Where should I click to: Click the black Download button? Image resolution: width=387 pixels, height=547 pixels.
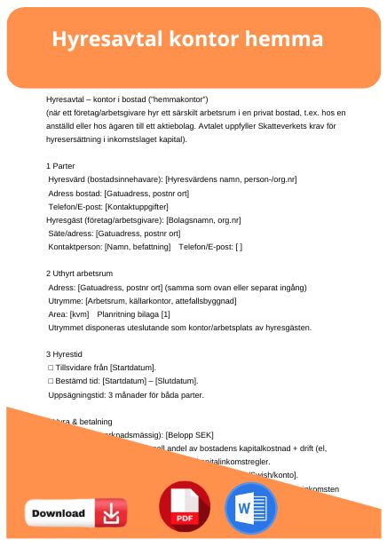[76, 512]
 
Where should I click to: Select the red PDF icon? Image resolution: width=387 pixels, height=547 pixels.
[185, 507]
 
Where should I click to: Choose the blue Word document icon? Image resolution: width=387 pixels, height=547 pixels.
[251, 509]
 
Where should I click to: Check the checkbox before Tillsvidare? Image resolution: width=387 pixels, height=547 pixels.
[50, 368]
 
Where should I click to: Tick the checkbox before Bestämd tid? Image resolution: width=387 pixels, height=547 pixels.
[50, 381]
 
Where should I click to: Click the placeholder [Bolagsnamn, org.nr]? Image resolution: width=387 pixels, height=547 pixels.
[209, 219]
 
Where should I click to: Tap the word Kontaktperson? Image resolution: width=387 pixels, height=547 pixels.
[75, 246]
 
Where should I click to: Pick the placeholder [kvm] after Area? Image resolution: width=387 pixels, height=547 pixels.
[80, 314]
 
